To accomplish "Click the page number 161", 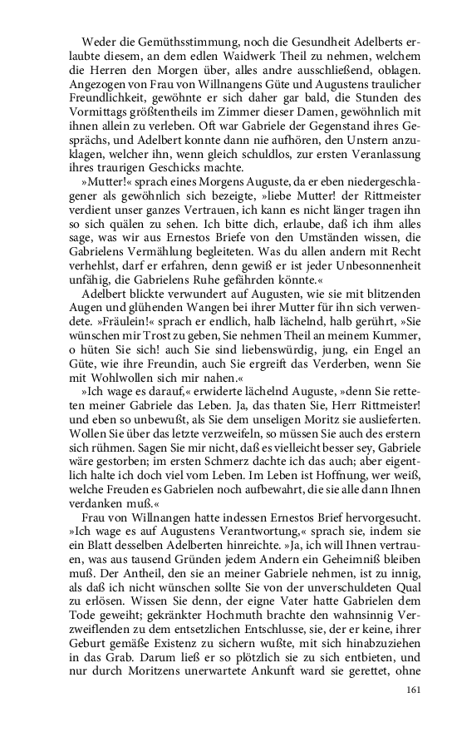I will pos(415,690).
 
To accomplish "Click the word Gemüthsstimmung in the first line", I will pos(159,42).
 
